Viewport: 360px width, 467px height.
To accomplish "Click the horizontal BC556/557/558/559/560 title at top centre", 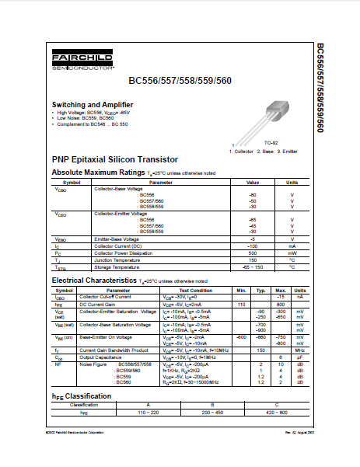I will (x=180, y=80).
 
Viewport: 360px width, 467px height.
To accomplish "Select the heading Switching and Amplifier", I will (x=86, y=104).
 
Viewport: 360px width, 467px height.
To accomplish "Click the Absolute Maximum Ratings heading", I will (x=98, y=172).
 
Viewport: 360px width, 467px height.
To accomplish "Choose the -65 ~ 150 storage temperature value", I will (x=252, y=267).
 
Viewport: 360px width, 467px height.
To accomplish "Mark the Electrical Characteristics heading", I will (x=93, y=280).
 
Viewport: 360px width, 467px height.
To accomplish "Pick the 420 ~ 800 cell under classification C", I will (x=277, y=410).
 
